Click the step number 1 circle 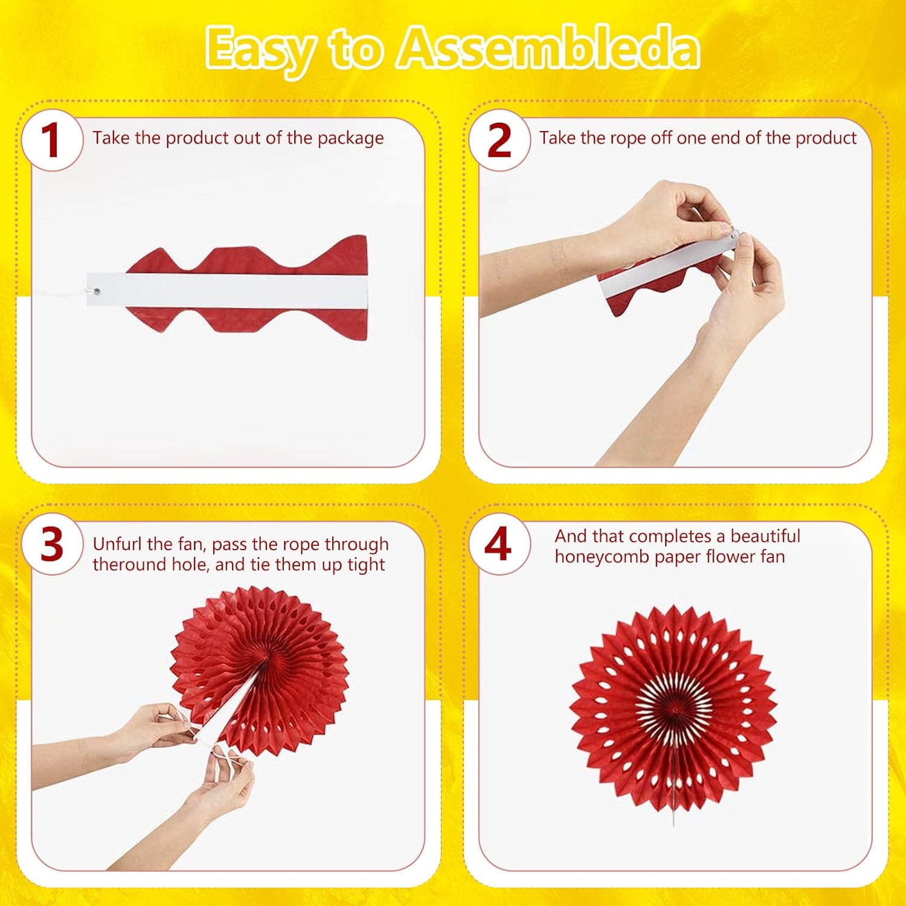click(x=52, y=140)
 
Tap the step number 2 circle click(x=499, y=140)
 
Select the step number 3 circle click(x=52, y=545)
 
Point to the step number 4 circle click(x=499, y=545)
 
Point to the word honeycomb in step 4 click(x=602, y=557)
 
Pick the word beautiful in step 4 click(x=765, y=536)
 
